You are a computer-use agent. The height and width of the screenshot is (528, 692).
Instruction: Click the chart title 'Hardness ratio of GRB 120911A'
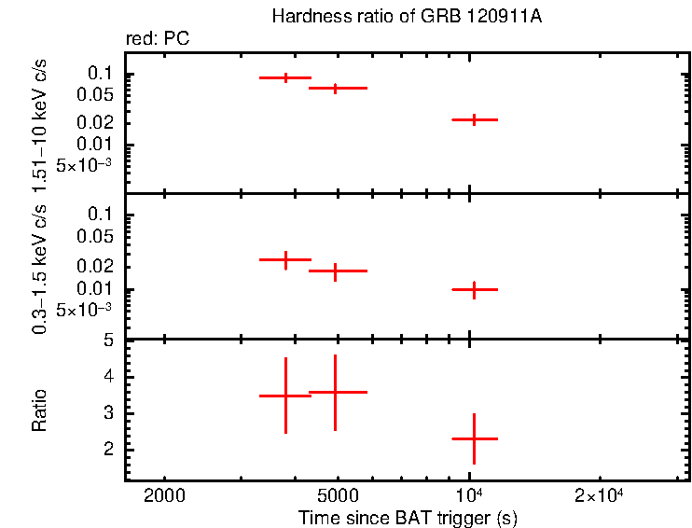pos(407,17)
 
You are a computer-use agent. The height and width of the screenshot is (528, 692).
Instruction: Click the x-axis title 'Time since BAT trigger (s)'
pos(408,518)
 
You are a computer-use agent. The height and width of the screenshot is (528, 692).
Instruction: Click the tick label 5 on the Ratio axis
pos(108,341)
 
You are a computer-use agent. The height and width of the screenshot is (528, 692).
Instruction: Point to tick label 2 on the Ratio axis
pos(108,450)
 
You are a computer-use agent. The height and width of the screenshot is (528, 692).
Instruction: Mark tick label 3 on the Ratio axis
pos(108,413)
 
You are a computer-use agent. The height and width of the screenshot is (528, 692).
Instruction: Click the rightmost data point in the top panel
pos(475,119)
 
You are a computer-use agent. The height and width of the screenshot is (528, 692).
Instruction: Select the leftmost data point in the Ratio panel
pos(285,396)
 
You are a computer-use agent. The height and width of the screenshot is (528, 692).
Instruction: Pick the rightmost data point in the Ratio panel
pos(475,438)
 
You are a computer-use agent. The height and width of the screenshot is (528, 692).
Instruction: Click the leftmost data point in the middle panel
pos(285,259)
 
